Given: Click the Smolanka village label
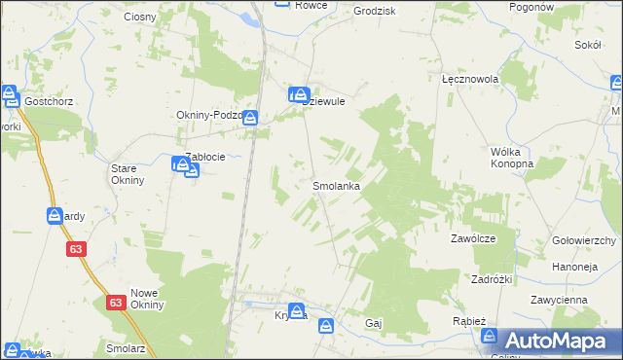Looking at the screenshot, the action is coord(337,185).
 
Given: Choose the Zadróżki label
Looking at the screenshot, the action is coord(492,277).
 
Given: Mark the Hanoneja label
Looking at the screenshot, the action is coord(574,264).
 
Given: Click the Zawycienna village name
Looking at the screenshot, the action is coord(559,300).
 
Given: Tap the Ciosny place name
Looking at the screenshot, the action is coord(142,17).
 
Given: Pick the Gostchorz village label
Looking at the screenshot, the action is coord(50,101).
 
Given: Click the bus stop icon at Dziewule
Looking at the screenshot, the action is coord(296,94).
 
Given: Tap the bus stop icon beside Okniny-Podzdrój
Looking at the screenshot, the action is coord(250,118).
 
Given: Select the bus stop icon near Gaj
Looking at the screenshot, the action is coord(326,326).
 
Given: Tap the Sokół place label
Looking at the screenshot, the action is coord(587,45).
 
